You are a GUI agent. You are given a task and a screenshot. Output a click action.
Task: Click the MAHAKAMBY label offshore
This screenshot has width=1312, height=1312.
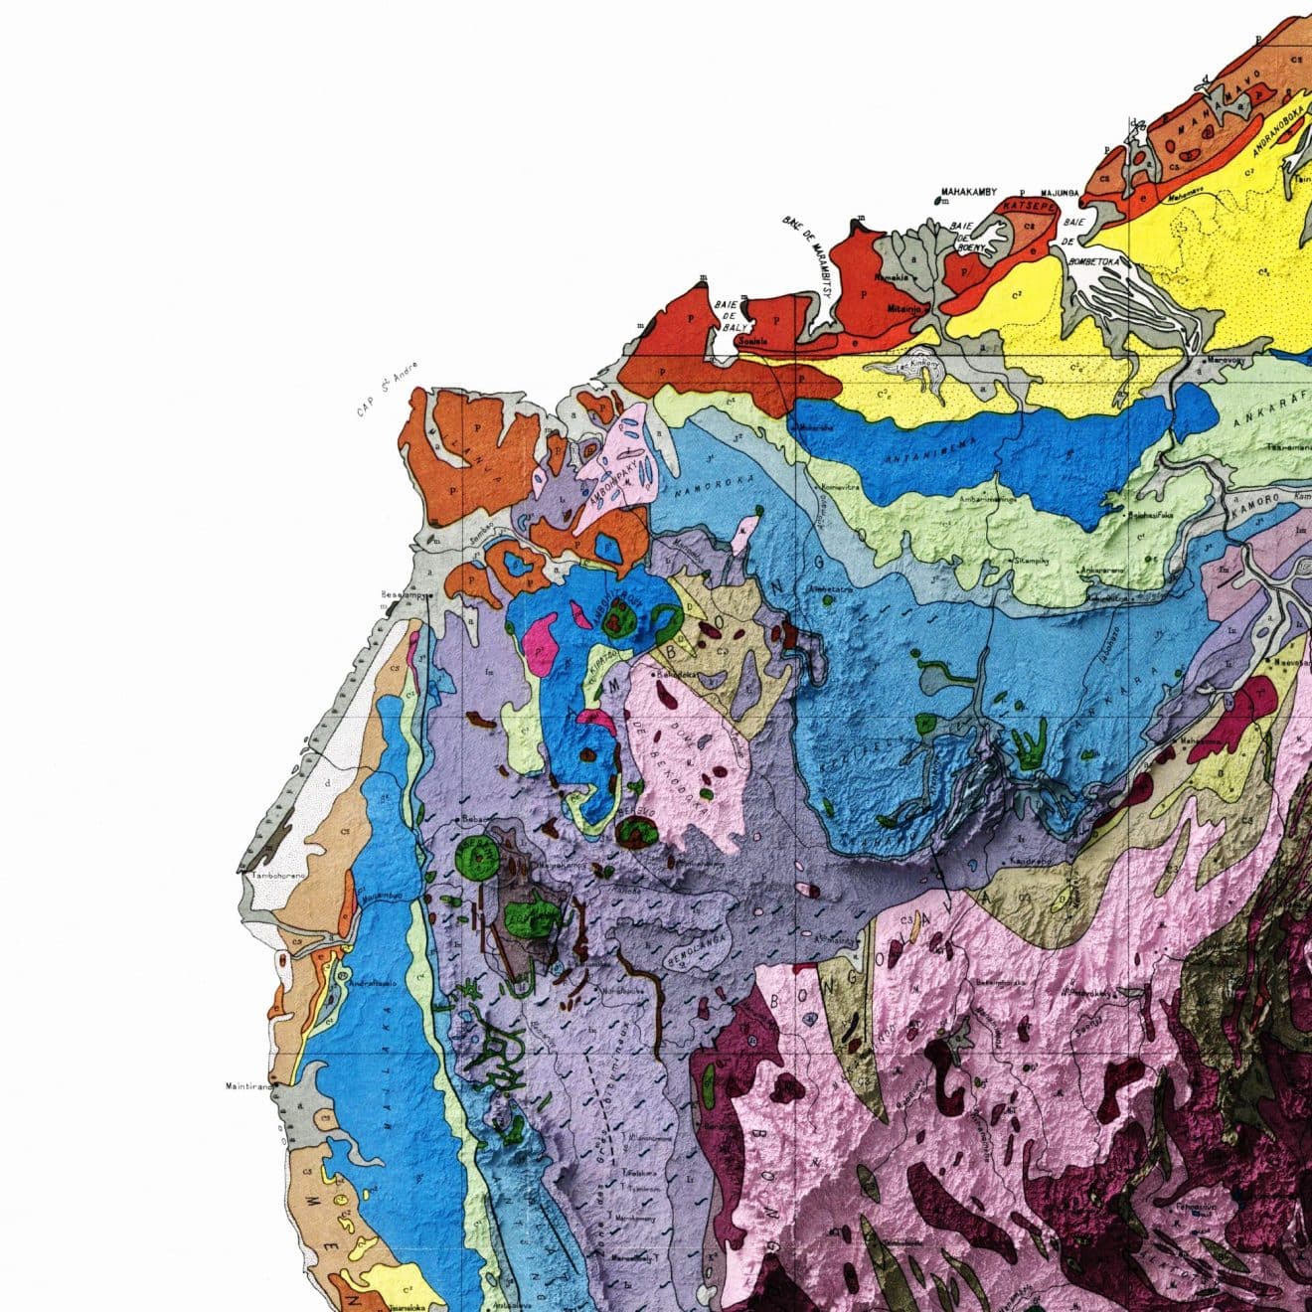click(x=968, y=192)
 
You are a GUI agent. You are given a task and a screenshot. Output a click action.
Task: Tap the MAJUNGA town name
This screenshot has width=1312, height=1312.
click(x=1061, y=192)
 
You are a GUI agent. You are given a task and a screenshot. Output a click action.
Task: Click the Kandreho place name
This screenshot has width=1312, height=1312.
click(x=1030, y=858)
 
